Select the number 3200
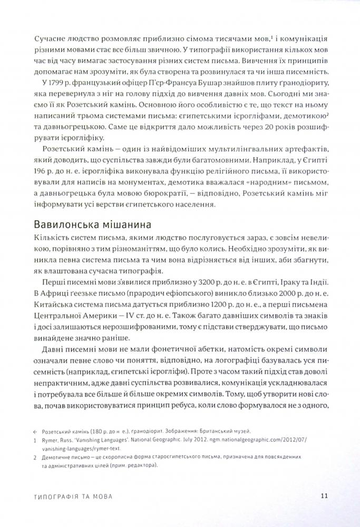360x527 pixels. click(x=198, y=278)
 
